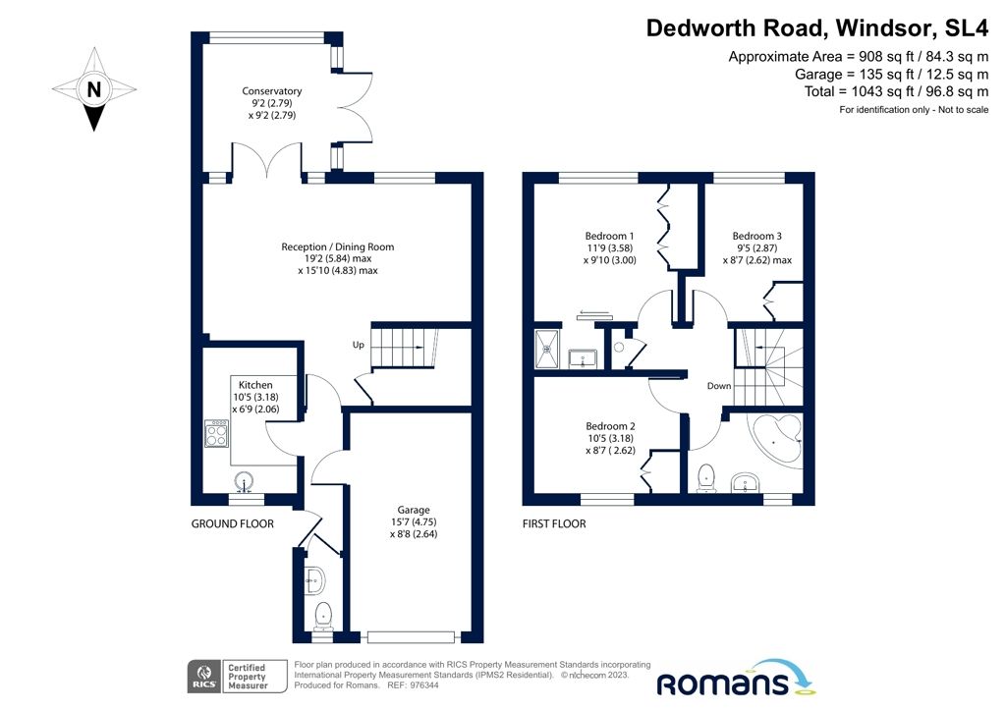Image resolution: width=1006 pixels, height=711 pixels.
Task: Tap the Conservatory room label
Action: (272, 103)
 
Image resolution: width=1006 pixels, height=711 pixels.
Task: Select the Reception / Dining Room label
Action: (338, 258)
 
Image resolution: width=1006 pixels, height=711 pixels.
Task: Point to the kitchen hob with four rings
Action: (217, 433)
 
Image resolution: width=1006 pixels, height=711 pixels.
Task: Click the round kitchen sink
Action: (247, 481)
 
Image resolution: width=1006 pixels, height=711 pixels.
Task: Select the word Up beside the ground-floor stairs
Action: (360, 345)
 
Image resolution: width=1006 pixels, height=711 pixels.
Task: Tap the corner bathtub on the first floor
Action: (777, 439)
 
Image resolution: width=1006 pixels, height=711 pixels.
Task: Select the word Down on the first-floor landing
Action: (719, 386)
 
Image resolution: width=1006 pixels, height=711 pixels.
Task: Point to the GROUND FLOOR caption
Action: (232, 524)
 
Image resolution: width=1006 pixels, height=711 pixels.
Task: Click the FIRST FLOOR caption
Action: (554, 524)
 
